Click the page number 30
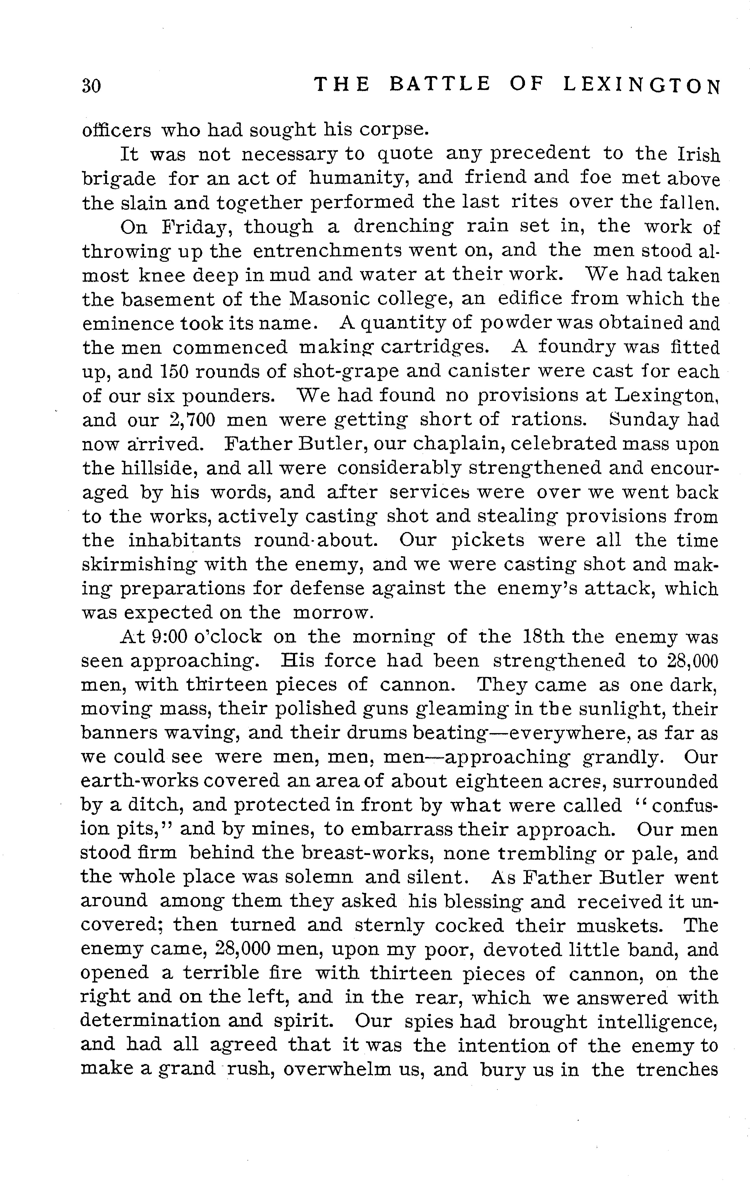[91, 86]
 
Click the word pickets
[488, 540]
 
